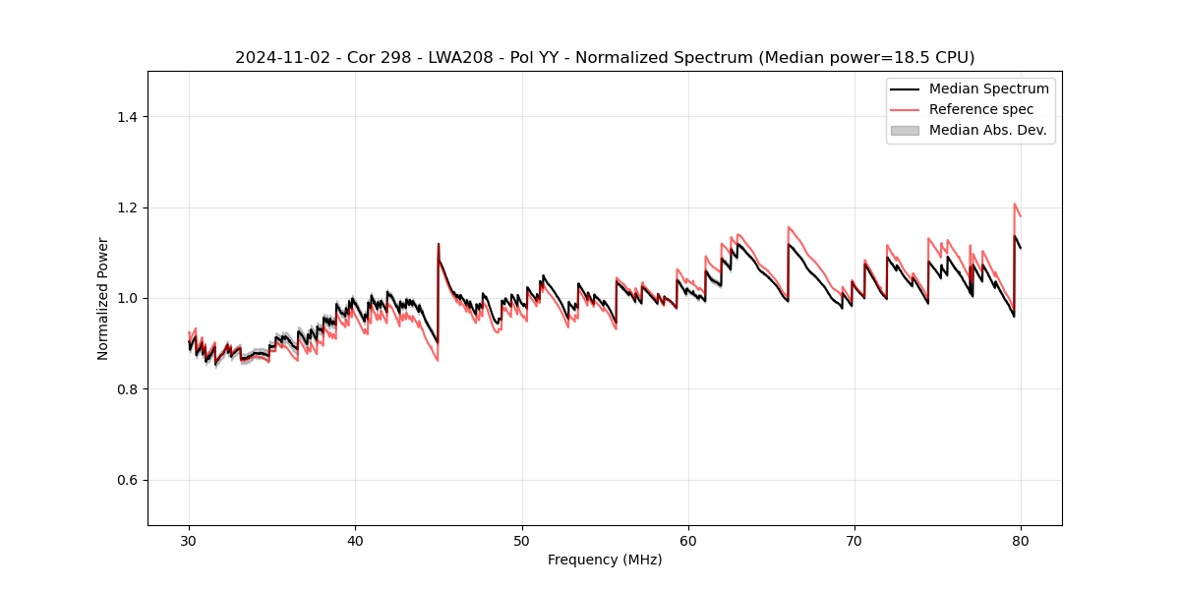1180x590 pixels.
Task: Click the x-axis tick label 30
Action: pyautogui.click(x=189, y=541)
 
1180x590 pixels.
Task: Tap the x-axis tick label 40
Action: pyautogui.click(x=355, y=541)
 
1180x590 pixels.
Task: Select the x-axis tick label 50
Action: pyautogui.click(x=521, y=541)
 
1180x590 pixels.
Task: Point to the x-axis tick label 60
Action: pyautogui.click(x=688, y=541)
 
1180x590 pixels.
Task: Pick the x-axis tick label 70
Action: pyautogui.click(x=855, y=541)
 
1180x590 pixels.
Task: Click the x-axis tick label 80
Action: pyautogui.click(x=1021, y=541)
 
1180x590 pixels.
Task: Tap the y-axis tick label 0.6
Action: pyautogui.click(x=127, y=480)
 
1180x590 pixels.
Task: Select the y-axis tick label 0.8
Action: pyautogui.click(x=127, y=389)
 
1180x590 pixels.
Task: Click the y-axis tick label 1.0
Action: pyautogui.click(x=127, y=299)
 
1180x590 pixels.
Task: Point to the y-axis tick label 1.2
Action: pyautogui.click(x=127, y=207)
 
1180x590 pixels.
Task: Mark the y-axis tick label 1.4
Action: pyautogui.click(x=127, y=117)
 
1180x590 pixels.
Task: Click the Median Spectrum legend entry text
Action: pyautogui.click(x=988, y=88)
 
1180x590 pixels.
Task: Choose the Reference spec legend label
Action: pyautogui.click(x=981, y=109)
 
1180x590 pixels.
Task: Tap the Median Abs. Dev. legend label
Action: pyautogui.click(x=988, y=130)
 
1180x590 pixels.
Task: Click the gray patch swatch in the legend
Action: pyautogui.click(x=905, y=130)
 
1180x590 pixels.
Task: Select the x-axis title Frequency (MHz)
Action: pyautogui.click(x=605, y=560)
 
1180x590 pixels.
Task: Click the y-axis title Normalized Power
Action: pyautogui.click(x=103, y=298)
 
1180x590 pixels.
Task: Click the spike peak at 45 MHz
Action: pyautogui.click(x=439, y=244)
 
